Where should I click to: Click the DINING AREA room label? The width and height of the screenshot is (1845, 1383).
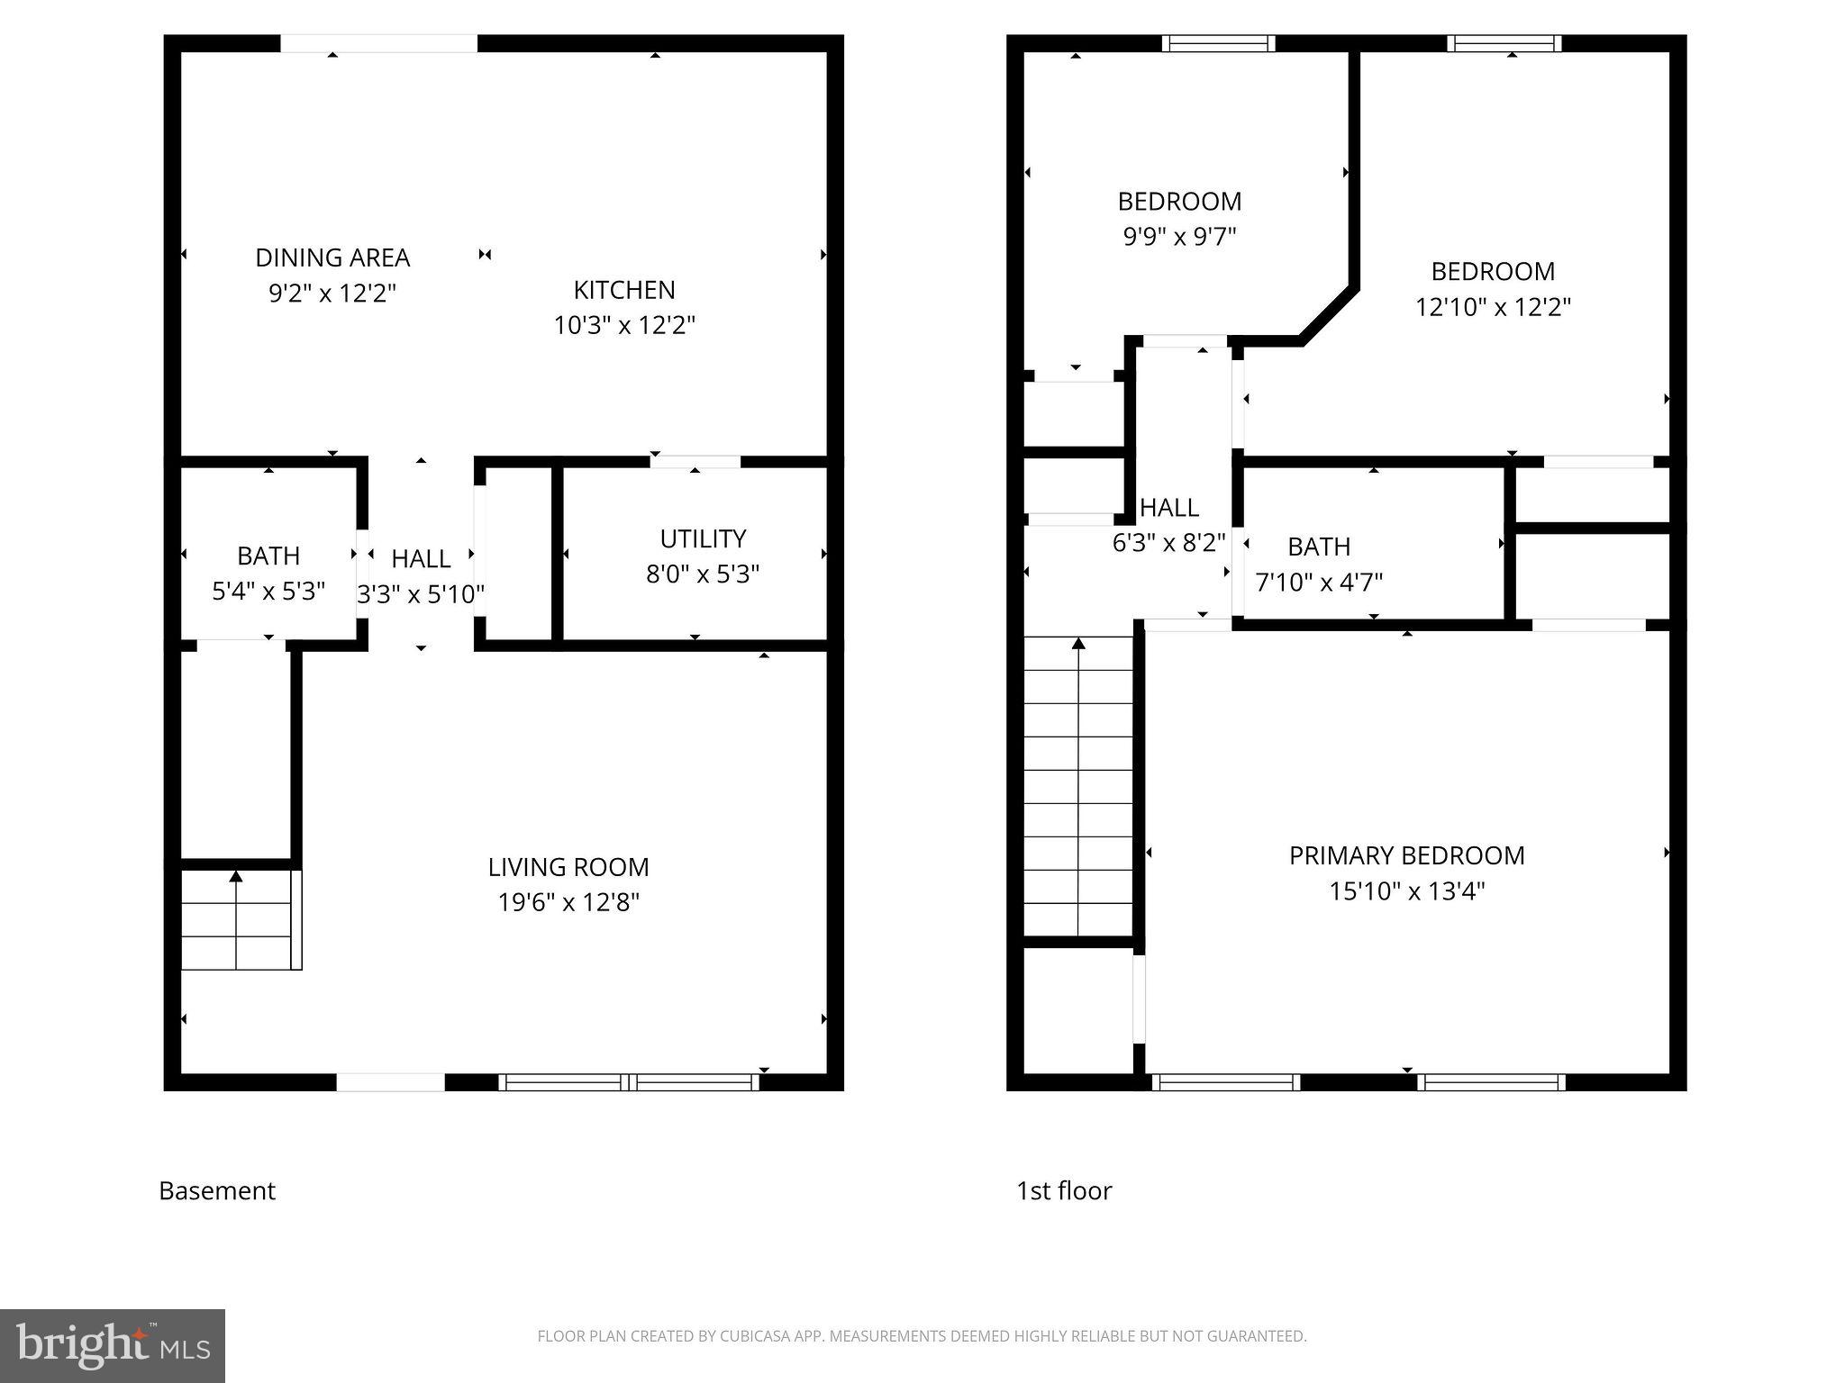pyautogui.click(x=332, y=258)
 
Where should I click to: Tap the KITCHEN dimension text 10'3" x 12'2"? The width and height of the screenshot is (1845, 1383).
pyautogui.click(x=624, y=325)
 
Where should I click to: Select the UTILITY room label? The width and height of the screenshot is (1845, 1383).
pyautogui.click(x=703, y=538)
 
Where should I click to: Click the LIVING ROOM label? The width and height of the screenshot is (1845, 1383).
pyautogui.click(x=568, y=867)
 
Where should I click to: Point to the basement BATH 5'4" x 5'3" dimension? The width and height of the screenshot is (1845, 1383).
pyautogui.click(x=268, y=592)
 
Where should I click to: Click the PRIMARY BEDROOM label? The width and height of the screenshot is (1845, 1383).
pyautogui.click(x=1406, y=855)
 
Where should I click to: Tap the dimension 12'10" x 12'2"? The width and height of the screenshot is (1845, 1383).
pyautogui.click(x=1493, y=307)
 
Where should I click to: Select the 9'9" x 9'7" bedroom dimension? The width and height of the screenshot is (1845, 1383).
pyautogui.click(x=1179, y=237)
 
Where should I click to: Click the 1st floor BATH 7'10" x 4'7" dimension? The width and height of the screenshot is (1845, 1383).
pyautogui.click(x=1319, y=583)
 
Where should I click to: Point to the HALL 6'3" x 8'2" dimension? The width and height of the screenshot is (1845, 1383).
pyautogui.click(x=1169, y=543)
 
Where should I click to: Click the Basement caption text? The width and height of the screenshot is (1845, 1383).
pyautogui.click(x=217, y=1190)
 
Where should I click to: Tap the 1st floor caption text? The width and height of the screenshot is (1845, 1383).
pyautogui.click(x=1064, y=1190)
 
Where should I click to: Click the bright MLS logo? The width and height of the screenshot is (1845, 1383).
pyautogui.click(x=113, y=1346)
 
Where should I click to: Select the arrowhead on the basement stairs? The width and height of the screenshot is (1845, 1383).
pyautogui.click(x=236, y=876)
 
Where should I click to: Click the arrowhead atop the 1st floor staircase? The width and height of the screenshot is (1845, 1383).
pyautogui.click(x=1078, y=643)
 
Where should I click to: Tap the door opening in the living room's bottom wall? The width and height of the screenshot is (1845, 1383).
pyautogui.click(x=390, y=1082)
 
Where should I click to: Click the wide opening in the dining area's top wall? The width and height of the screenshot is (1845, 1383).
pyautogui.click(x=378, y=43)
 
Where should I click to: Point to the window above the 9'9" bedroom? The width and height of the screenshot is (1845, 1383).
pyautogui.click(x=1218, y=43)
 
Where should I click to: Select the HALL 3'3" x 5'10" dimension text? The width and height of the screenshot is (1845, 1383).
pyautogui.click(x=421, y=594)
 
